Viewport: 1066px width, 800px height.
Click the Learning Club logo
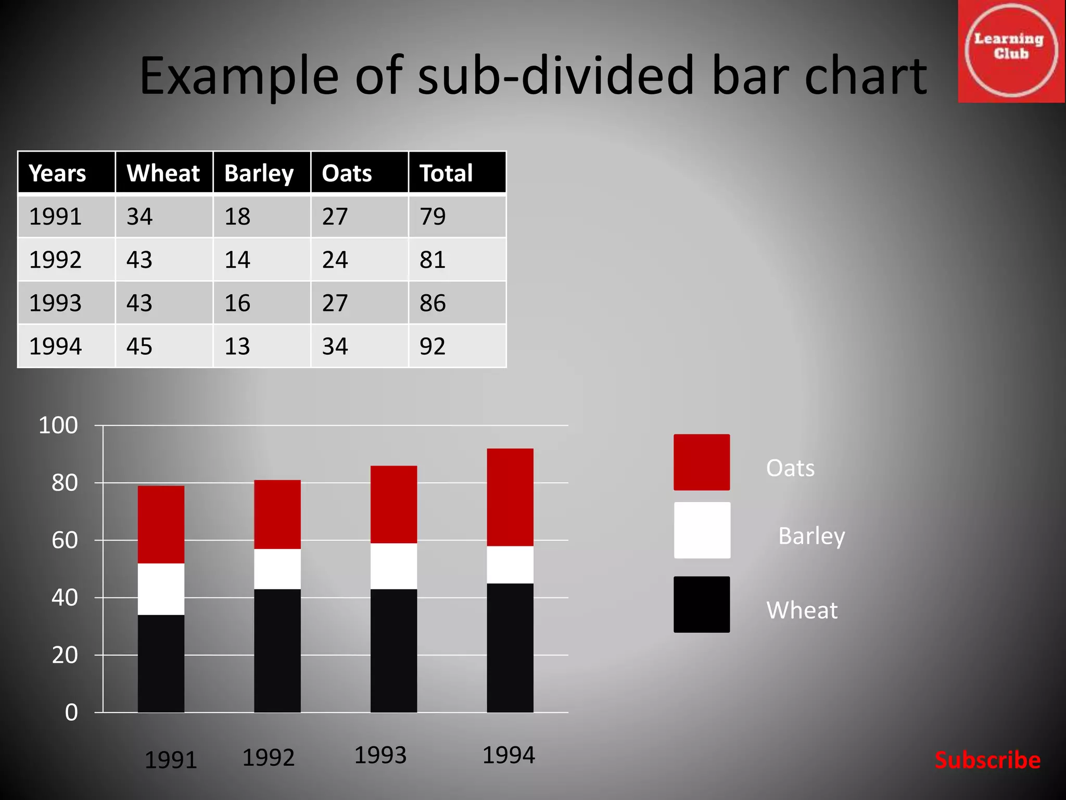(1011, 51)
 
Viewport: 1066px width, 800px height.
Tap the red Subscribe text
(987, 760)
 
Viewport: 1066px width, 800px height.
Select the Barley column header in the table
(259, 173)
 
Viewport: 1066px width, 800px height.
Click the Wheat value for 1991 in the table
(139, 217)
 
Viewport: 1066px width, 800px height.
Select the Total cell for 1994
(433, 346)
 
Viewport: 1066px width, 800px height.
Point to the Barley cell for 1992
(237, 260)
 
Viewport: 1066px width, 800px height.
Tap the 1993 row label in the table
(55, 303)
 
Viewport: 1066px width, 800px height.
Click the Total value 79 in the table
(433, 217)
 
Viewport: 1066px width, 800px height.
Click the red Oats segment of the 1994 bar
(510, 497)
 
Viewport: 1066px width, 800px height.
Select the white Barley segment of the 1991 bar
(161, 589)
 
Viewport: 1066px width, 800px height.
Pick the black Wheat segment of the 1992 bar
(277, 651)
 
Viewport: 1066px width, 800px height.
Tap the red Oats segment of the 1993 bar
(394, 504)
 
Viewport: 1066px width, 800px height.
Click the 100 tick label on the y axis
(58, 426)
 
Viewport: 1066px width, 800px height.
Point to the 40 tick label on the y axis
(65, 598)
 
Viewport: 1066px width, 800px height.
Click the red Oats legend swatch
(702, 462)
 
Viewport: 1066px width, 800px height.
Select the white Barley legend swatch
(702, 530)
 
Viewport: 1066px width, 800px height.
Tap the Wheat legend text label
(802, 610)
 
